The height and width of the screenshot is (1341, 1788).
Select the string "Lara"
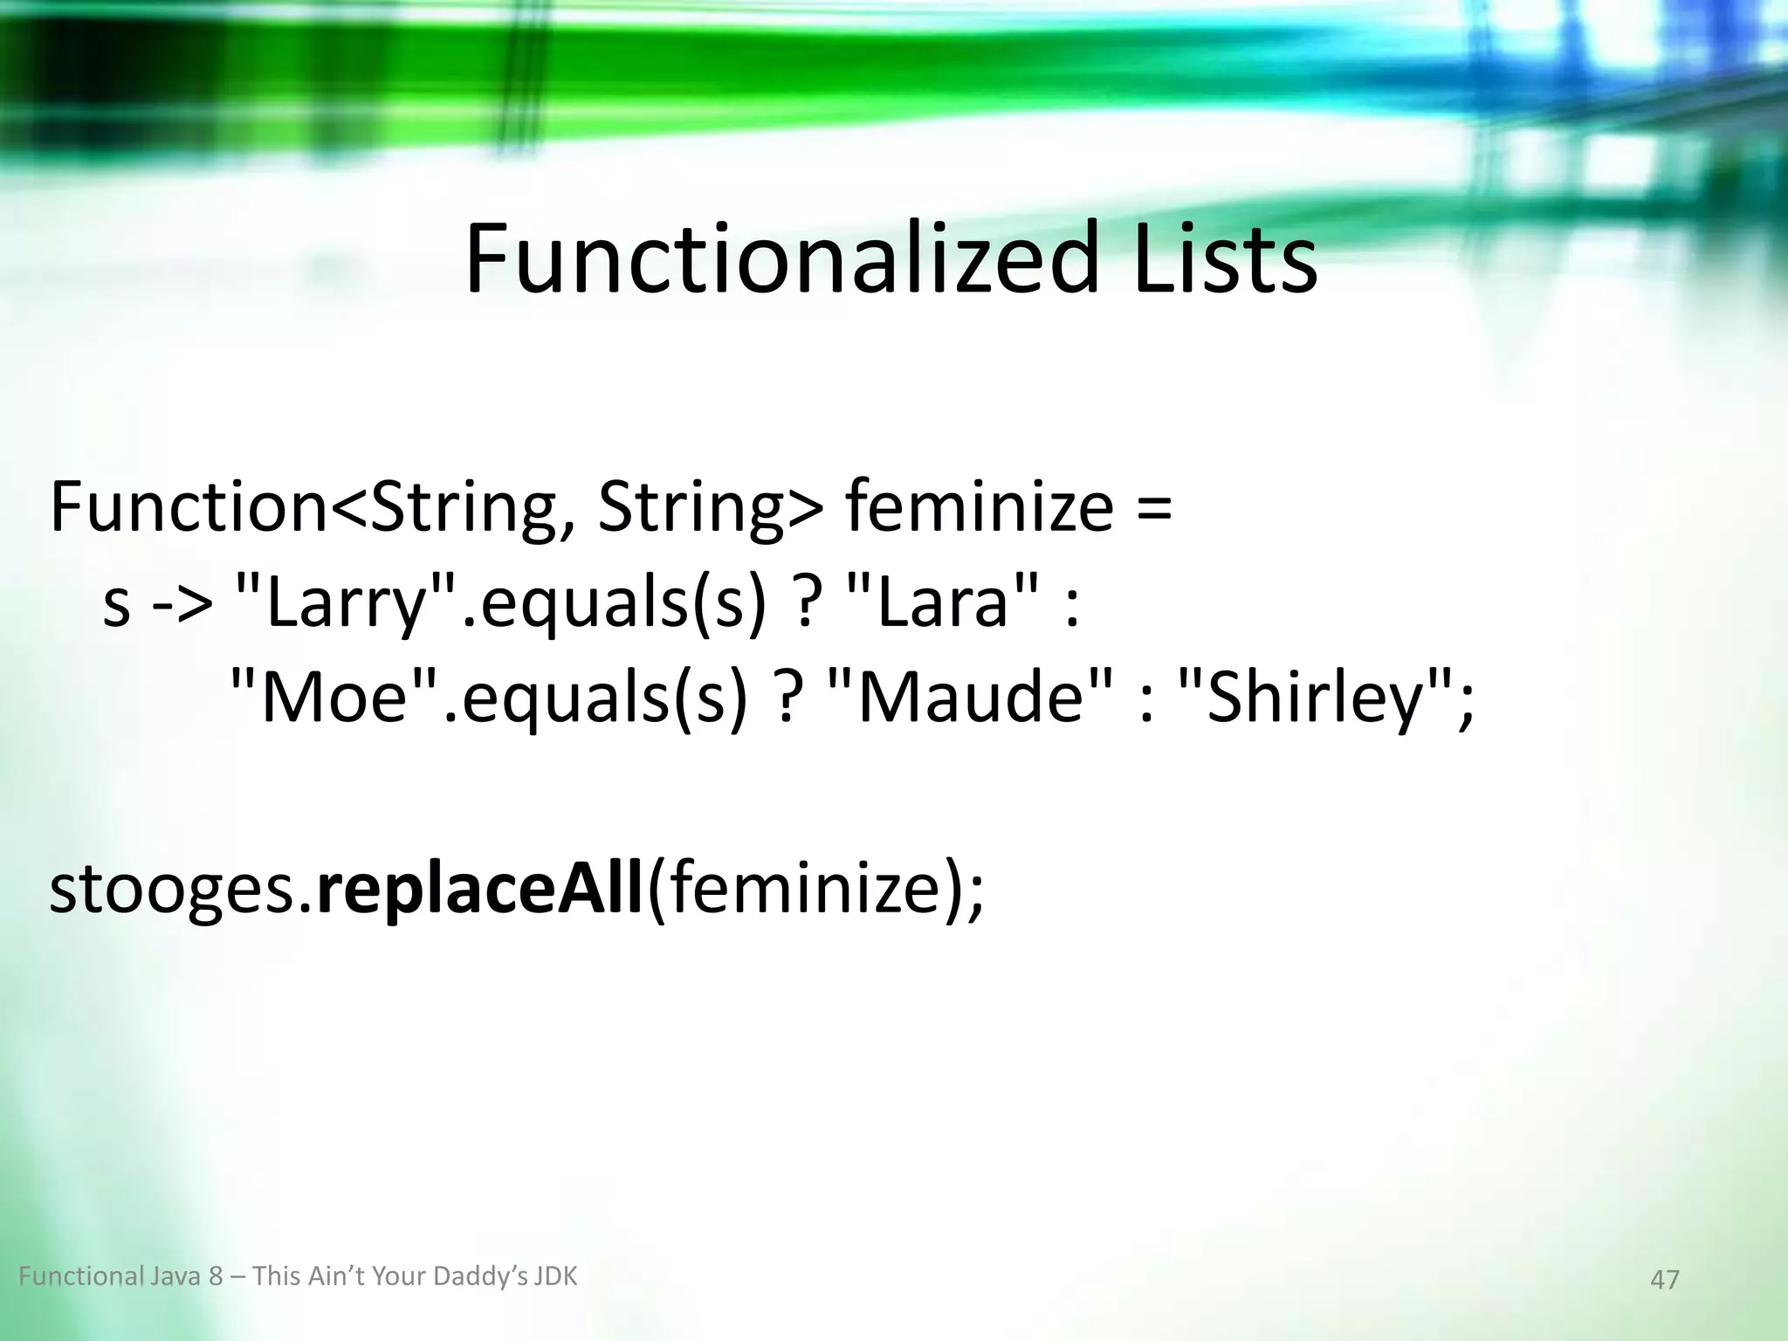point(944,604)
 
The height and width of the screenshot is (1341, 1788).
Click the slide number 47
point(1664,1280)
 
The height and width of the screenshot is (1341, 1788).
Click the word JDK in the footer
point(555,1276)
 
